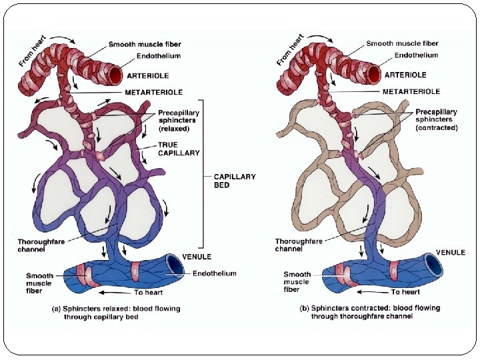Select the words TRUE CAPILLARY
[179, 149]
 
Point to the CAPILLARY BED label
[234, 181]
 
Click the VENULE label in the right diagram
[451, 253]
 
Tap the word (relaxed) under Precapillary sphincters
[177, 128]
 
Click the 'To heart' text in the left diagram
[149, 292]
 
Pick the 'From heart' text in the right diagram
[290, 49]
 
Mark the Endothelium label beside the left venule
[214, 273]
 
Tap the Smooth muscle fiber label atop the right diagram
[402, 44]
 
